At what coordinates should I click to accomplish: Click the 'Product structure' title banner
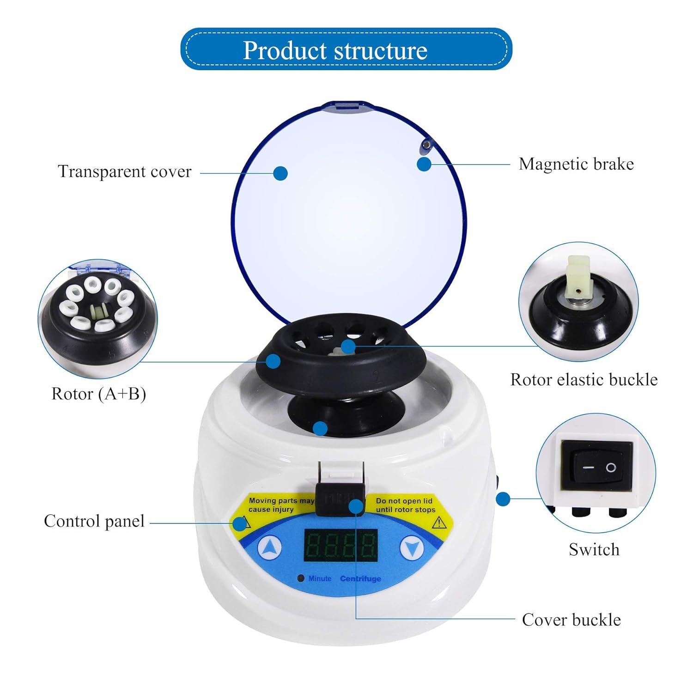pos(346,49)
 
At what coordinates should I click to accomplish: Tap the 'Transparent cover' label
pos(124,171)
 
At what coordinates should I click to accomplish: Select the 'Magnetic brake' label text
pos(576,164)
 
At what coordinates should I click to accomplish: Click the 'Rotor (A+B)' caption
pos(98,394)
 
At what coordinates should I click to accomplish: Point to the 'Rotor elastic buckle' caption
pos(584,379)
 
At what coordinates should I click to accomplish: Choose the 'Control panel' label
pos(94,521)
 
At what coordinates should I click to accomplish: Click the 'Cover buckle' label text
pos(571,620)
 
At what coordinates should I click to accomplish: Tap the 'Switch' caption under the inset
pos(594,549)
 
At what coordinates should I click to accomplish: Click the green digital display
pos(340,545)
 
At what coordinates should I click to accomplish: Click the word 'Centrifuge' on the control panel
pos(360,578)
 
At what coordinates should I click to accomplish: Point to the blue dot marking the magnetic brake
pos(424,164)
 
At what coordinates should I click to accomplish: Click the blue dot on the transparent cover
pos(280,173)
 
